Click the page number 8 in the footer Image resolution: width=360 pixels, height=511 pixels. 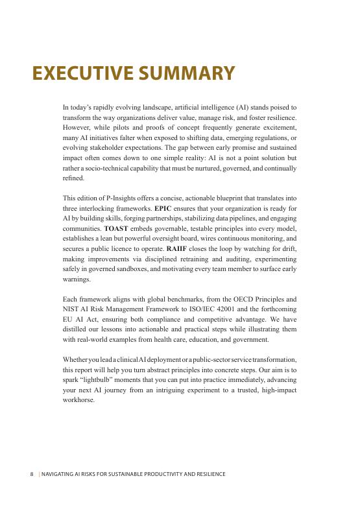[32, 474]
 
